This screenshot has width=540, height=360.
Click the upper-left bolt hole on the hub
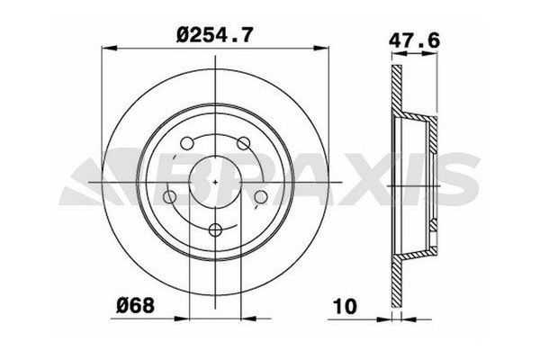186,143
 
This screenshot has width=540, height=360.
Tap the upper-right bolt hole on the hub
244,143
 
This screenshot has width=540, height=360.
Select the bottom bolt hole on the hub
215,231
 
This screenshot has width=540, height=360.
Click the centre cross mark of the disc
216,180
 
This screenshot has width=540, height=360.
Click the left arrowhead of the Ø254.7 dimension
103,51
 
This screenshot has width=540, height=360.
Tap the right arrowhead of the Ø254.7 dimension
329,51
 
